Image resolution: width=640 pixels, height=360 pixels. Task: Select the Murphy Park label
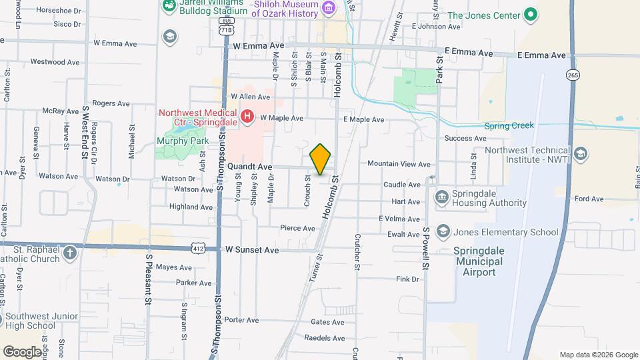click(x=181, y=140)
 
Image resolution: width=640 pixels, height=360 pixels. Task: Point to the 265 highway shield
click(x=573, y=76)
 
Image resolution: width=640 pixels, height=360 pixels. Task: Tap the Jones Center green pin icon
click(x=530, y=14)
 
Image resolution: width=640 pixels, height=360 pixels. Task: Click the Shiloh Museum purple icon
click(x=328, y=8)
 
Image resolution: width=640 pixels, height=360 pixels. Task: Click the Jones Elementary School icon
click(x=443, y=231)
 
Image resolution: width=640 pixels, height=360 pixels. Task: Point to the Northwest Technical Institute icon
click(x=580, y=155)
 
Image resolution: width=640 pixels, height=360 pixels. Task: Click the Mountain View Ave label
click(x=399, y=164)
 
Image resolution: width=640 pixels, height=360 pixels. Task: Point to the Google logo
click(x=23, y=351)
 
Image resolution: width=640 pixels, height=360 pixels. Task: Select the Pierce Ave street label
click(x=297, y=228)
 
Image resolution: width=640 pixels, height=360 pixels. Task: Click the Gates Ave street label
click(x=327, y=322)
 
